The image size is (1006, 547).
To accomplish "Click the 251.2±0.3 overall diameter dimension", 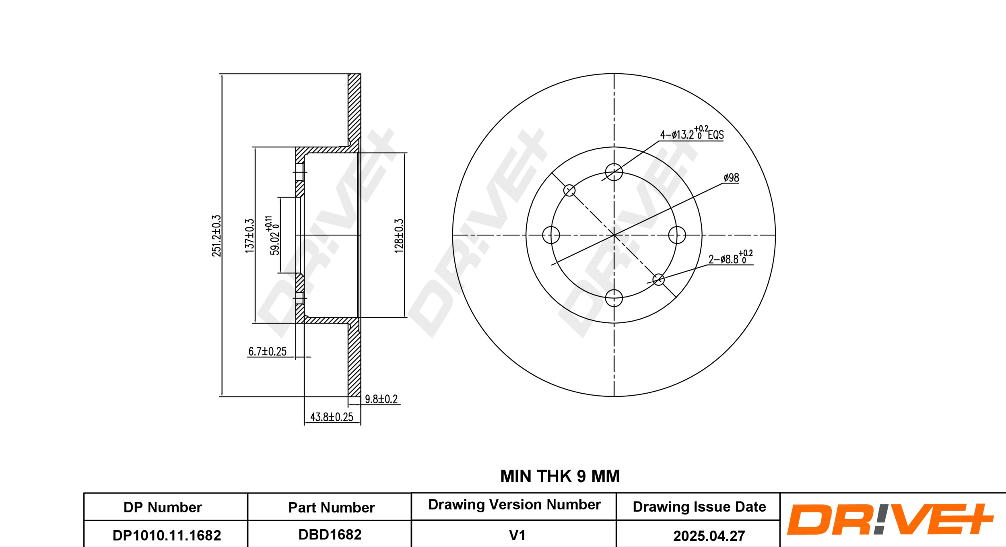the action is pyautogui.click(x=217, y=235).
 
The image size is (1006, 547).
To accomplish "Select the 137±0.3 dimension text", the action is pyautogui.click(x=250, y=236).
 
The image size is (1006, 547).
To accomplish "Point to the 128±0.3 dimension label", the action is pyautogui.click(x=398, y=236).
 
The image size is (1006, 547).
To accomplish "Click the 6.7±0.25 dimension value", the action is pyautogui.click(x=267, y=351).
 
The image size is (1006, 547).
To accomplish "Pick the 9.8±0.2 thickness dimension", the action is pyautogui.click(x=381, y=399).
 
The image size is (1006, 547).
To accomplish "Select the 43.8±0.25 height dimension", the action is pyautogui.click(x=332, y=417).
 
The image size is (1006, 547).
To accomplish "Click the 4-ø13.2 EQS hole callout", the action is pyautogui.click(x=692, y=133).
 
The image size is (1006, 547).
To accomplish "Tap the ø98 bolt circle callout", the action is pyautogui.click(x=731, y=178).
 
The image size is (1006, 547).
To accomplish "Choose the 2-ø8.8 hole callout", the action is pyautogui.click(x=730, y=257).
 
